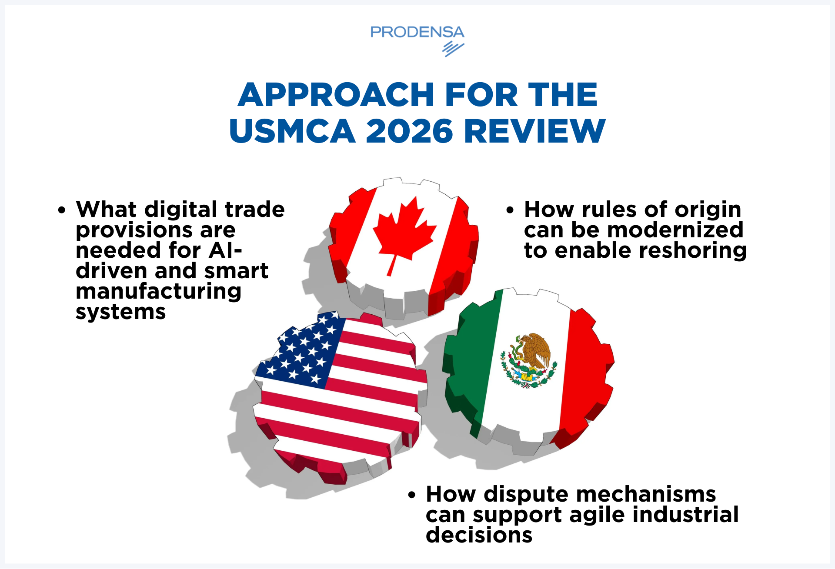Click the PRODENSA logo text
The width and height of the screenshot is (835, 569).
(x=417, y=32)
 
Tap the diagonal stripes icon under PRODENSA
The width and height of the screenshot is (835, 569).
(x=453, y=49)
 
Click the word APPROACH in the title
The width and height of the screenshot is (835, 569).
(x=336, y=95)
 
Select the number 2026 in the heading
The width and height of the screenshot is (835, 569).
(x=410, y=131)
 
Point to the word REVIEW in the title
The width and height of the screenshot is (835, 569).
(x=534, y=131)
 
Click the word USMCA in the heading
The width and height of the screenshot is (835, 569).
(x=292, y=131)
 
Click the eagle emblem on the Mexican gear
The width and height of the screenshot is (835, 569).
(x=528, y=360)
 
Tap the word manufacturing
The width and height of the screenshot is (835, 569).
(x=159, y=291)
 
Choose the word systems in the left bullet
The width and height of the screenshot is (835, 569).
(x=121, y=312)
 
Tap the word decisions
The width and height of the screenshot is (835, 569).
(x=479, y=535)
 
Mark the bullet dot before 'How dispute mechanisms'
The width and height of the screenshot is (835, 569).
(x=412, y=495)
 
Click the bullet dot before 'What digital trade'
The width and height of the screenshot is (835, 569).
(x=62, y=210)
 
